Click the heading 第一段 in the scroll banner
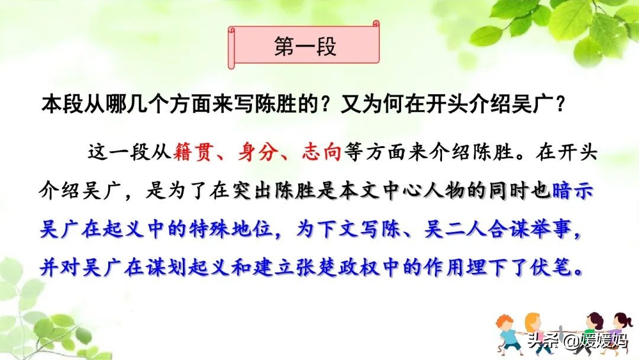click(x=305, y=47)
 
